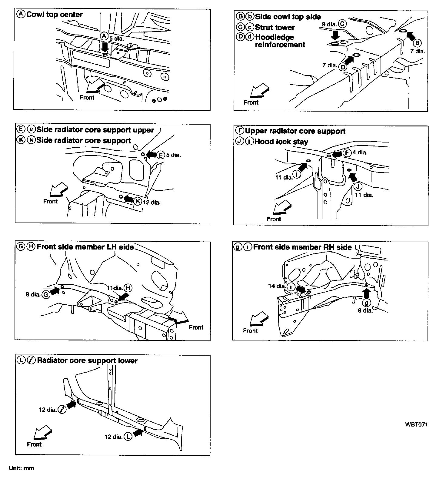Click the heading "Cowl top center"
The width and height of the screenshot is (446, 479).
point(55,15)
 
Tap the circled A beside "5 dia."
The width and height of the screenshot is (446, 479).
point(104,36)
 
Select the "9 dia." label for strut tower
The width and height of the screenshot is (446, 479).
point(329,24)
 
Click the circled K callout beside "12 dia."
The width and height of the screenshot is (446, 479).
point(138,201)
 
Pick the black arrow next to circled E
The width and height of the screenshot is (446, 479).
point(151,155)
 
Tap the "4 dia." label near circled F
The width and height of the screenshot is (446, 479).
point(360,152)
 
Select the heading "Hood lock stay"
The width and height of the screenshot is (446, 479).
point(281,142)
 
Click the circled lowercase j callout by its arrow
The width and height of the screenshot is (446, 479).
point(297,174)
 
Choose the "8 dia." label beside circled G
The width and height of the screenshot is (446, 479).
point(33,294)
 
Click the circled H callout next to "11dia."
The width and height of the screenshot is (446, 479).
point(128,288)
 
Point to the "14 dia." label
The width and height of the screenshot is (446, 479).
point(277,286)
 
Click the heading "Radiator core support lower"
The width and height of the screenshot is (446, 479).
point(87,360)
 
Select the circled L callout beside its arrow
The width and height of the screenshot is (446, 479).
point(128,437)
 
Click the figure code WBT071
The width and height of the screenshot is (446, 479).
point(416,424)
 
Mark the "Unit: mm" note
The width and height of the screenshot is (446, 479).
point(22,468)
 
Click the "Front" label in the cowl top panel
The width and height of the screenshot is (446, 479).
point(87,98)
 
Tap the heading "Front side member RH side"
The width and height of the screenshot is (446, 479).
point(302,247)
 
